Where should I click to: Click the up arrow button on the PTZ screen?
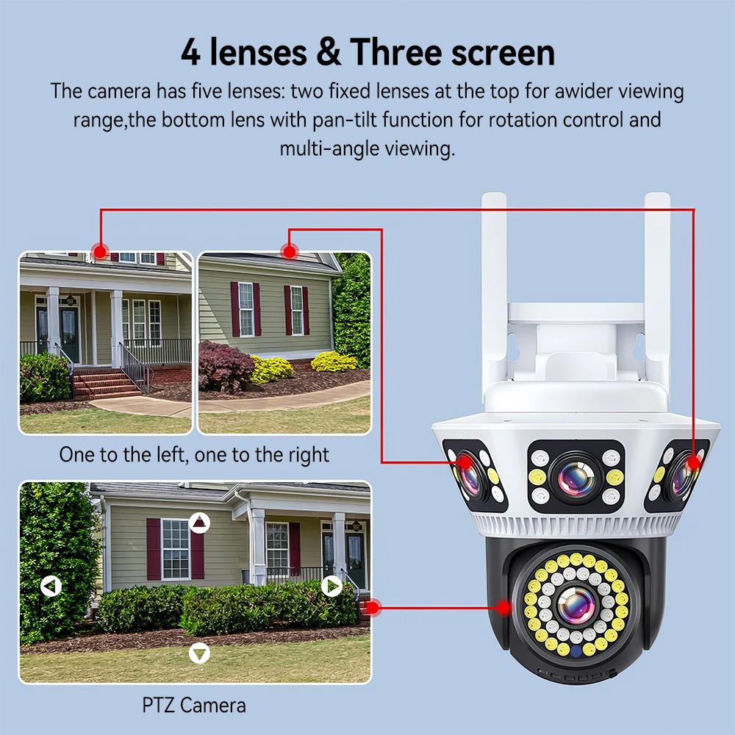click(199, 522)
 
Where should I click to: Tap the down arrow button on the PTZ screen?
click(199, 653)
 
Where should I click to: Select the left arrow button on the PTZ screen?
click(51, 586)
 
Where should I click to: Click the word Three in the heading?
click(397, 52)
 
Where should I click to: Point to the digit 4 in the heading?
click(190, 52)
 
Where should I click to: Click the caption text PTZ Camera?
click(194, 706)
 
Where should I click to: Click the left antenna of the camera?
click(494, 290)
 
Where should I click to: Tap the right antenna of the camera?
click(657, 290)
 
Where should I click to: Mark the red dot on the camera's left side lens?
click(464, 462)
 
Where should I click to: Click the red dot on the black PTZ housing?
click(504, 608)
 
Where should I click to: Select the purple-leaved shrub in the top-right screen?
click(226, 366)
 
